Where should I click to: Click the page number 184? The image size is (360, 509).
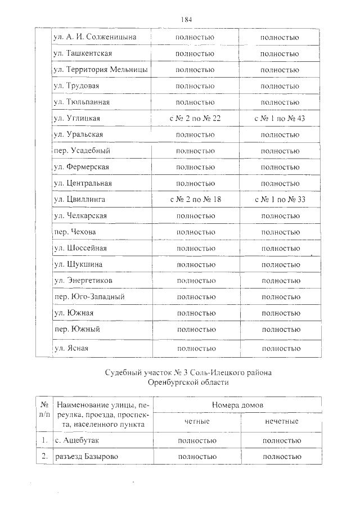point(187,20)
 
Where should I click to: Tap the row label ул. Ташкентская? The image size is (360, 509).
point(82,53)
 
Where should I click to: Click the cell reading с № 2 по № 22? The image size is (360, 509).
point(195,119)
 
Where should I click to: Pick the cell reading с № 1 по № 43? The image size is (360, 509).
point(280,119)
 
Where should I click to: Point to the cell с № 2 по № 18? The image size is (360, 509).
point(195,200)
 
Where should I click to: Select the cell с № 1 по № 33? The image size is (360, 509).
point(280,200)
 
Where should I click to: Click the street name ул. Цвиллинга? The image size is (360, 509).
point(78,200)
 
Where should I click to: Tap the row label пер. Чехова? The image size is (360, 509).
point(74,232)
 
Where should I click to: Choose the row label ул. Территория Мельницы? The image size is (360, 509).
point(100,70)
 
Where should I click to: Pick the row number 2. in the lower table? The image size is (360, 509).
point(44,457)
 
